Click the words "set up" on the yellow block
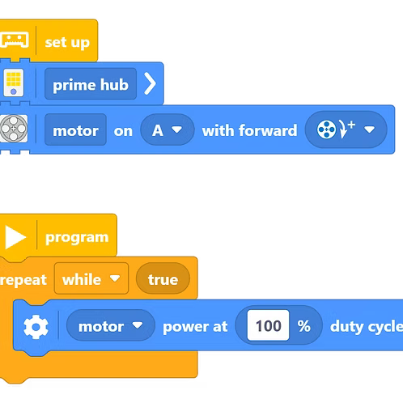coord(67,43)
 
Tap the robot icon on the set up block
coord(15,40)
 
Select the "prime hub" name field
coord(91,84)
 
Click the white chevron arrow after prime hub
coord(151,83)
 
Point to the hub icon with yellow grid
coord(14,83)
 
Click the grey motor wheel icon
coord(14,129)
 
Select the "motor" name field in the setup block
coord(75,129)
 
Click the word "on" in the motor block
coord(123,131)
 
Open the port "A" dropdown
coord(168,129)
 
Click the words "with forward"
coord(249,130)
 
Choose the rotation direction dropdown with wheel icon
coord(346,129)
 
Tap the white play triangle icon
coord(15,237)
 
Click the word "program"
coord(77,238)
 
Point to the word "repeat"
coord(23,280)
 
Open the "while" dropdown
coord(91,278)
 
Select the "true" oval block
coord(163,278)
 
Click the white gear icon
coord(36,327)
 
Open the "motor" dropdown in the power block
coord(111,325)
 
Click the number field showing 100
coord(268,325)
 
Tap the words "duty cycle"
coord(367,327)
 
